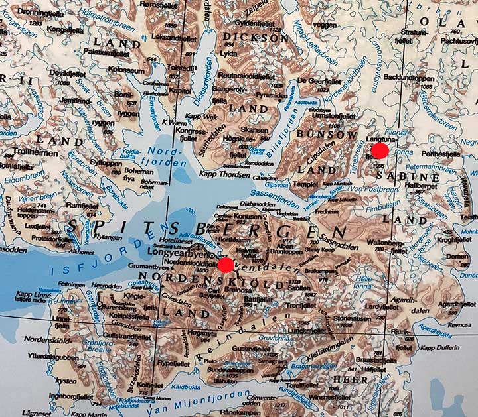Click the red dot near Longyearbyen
226,265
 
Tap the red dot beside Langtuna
380,150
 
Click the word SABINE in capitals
416,178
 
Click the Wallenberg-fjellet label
390,246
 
